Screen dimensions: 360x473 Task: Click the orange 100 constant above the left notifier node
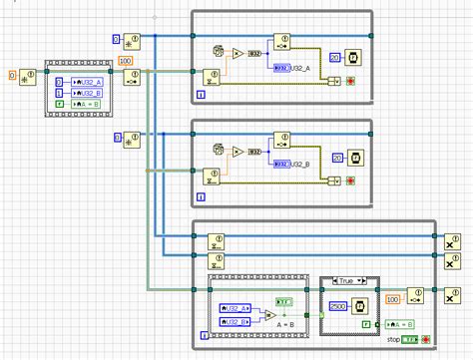click(x=126, y=62)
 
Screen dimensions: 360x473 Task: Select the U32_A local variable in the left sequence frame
click(x=78, y=81)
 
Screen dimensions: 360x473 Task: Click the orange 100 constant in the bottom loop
click(x=393, y=298)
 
